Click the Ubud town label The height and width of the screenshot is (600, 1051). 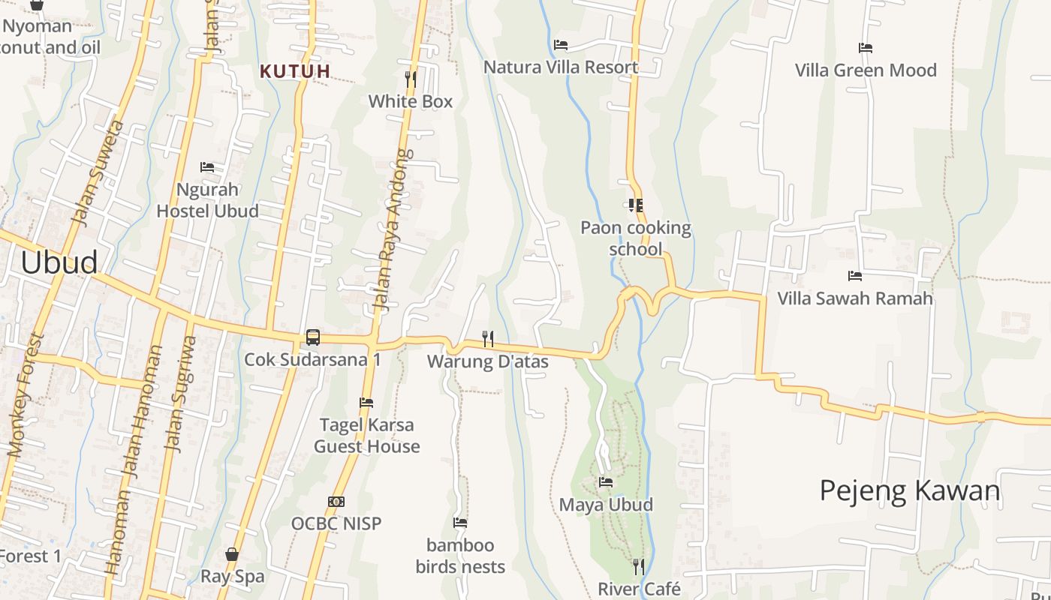pos(59,262)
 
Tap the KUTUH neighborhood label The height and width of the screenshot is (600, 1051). pos(295,72)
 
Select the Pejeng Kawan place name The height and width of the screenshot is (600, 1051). pos(910,490)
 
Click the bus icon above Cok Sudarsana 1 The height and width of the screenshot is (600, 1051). pos(313,337)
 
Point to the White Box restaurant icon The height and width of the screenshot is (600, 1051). pos(411,79)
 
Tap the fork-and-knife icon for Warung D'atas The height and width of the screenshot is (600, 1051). pos(488,339)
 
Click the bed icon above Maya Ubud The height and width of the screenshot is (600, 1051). pos(606,482)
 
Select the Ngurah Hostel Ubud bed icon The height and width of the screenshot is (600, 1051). pos(207,166)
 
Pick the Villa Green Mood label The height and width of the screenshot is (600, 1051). pos(866,70)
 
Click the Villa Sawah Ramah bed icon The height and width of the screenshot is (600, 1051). pos(855,276)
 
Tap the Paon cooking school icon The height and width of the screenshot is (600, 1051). pos(636,205)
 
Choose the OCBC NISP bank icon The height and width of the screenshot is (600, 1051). pos(336,501)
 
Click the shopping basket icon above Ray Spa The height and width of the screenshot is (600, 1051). pos(232,554)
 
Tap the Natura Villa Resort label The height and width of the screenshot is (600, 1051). pos(561,67)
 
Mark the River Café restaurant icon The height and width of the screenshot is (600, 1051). pos(639,566)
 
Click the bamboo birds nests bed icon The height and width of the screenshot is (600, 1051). pos(460,523)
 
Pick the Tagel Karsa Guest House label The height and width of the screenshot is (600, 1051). pos(366,436)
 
